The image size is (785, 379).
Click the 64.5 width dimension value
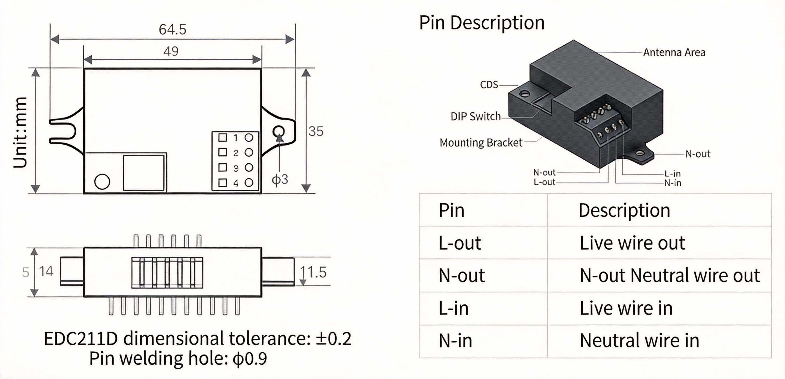pos(173,29)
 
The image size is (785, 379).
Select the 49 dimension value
pos(171,51)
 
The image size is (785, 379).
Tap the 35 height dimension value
pos(316,131)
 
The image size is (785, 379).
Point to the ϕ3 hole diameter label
pos(280,179)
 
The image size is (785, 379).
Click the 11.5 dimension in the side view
pos(313,272)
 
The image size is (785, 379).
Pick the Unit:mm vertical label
pos(20,132)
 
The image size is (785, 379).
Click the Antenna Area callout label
pos(674,52)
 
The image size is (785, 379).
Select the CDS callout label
pos(489,85)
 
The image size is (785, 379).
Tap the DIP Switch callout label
pos(475,116)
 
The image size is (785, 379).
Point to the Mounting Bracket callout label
pos(481,142)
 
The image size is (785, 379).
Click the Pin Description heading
pos(482,23)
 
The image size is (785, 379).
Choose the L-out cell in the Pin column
pos(460,243)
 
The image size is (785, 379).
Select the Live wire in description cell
pos(626,308)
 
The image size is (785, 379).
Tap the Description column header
pos(624,210)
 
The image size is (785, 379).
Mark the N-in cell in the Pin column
pos(456,340)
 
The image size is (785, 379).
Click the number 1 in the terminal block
pos(236,138)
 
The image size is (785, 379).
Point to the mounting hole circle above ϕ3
pos(279,131)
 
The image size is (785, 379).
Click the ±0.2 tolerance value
pos(334,339)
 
